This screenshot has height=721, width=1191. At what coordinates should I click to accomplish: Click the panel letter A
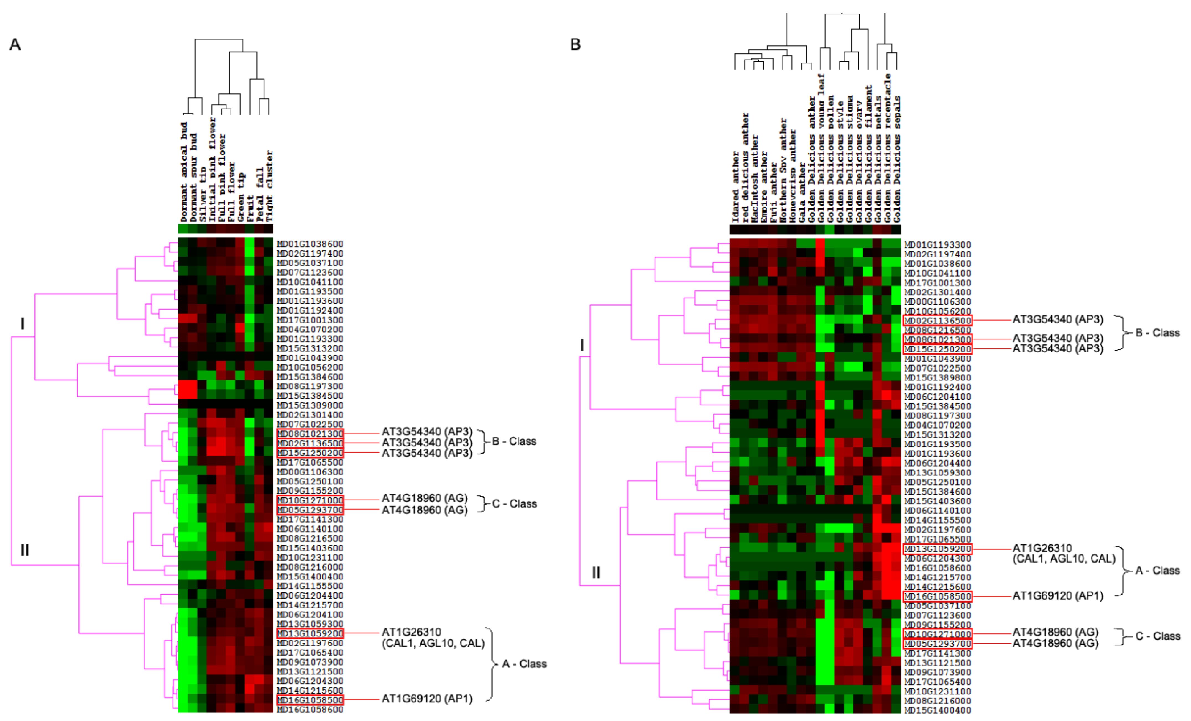(x=15, y=44)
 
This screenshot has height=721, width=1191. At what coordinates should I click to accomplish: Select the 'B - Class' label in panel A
(x=514, y=441)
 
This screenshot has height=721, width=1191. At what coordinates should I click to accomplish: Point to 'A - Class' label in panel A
(x=524, y=664)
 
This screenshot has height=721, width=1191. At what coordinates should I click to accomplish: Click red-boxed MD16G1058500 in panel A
(x=310, y=700)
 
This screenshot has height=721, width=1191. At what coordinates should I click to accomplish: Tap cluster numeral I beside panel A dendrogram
(x=22, y=323)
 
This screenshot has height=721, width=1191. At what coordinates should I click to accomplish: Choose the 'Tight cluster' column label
(x=269, y=186)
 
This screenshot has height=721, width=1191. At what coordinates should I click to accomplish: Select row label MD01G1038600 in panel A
(x=310, y=244)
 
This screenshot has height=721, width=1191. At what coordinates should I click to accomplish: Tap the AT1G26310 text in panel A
(x=411, y=632)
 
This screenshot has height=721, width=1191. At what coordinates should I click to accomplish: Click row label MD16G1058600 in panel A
(x=310, y=709)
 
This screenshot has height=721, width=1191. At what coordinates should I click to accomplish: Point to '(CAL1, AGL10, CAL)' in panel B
(x=1064, y=559)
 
